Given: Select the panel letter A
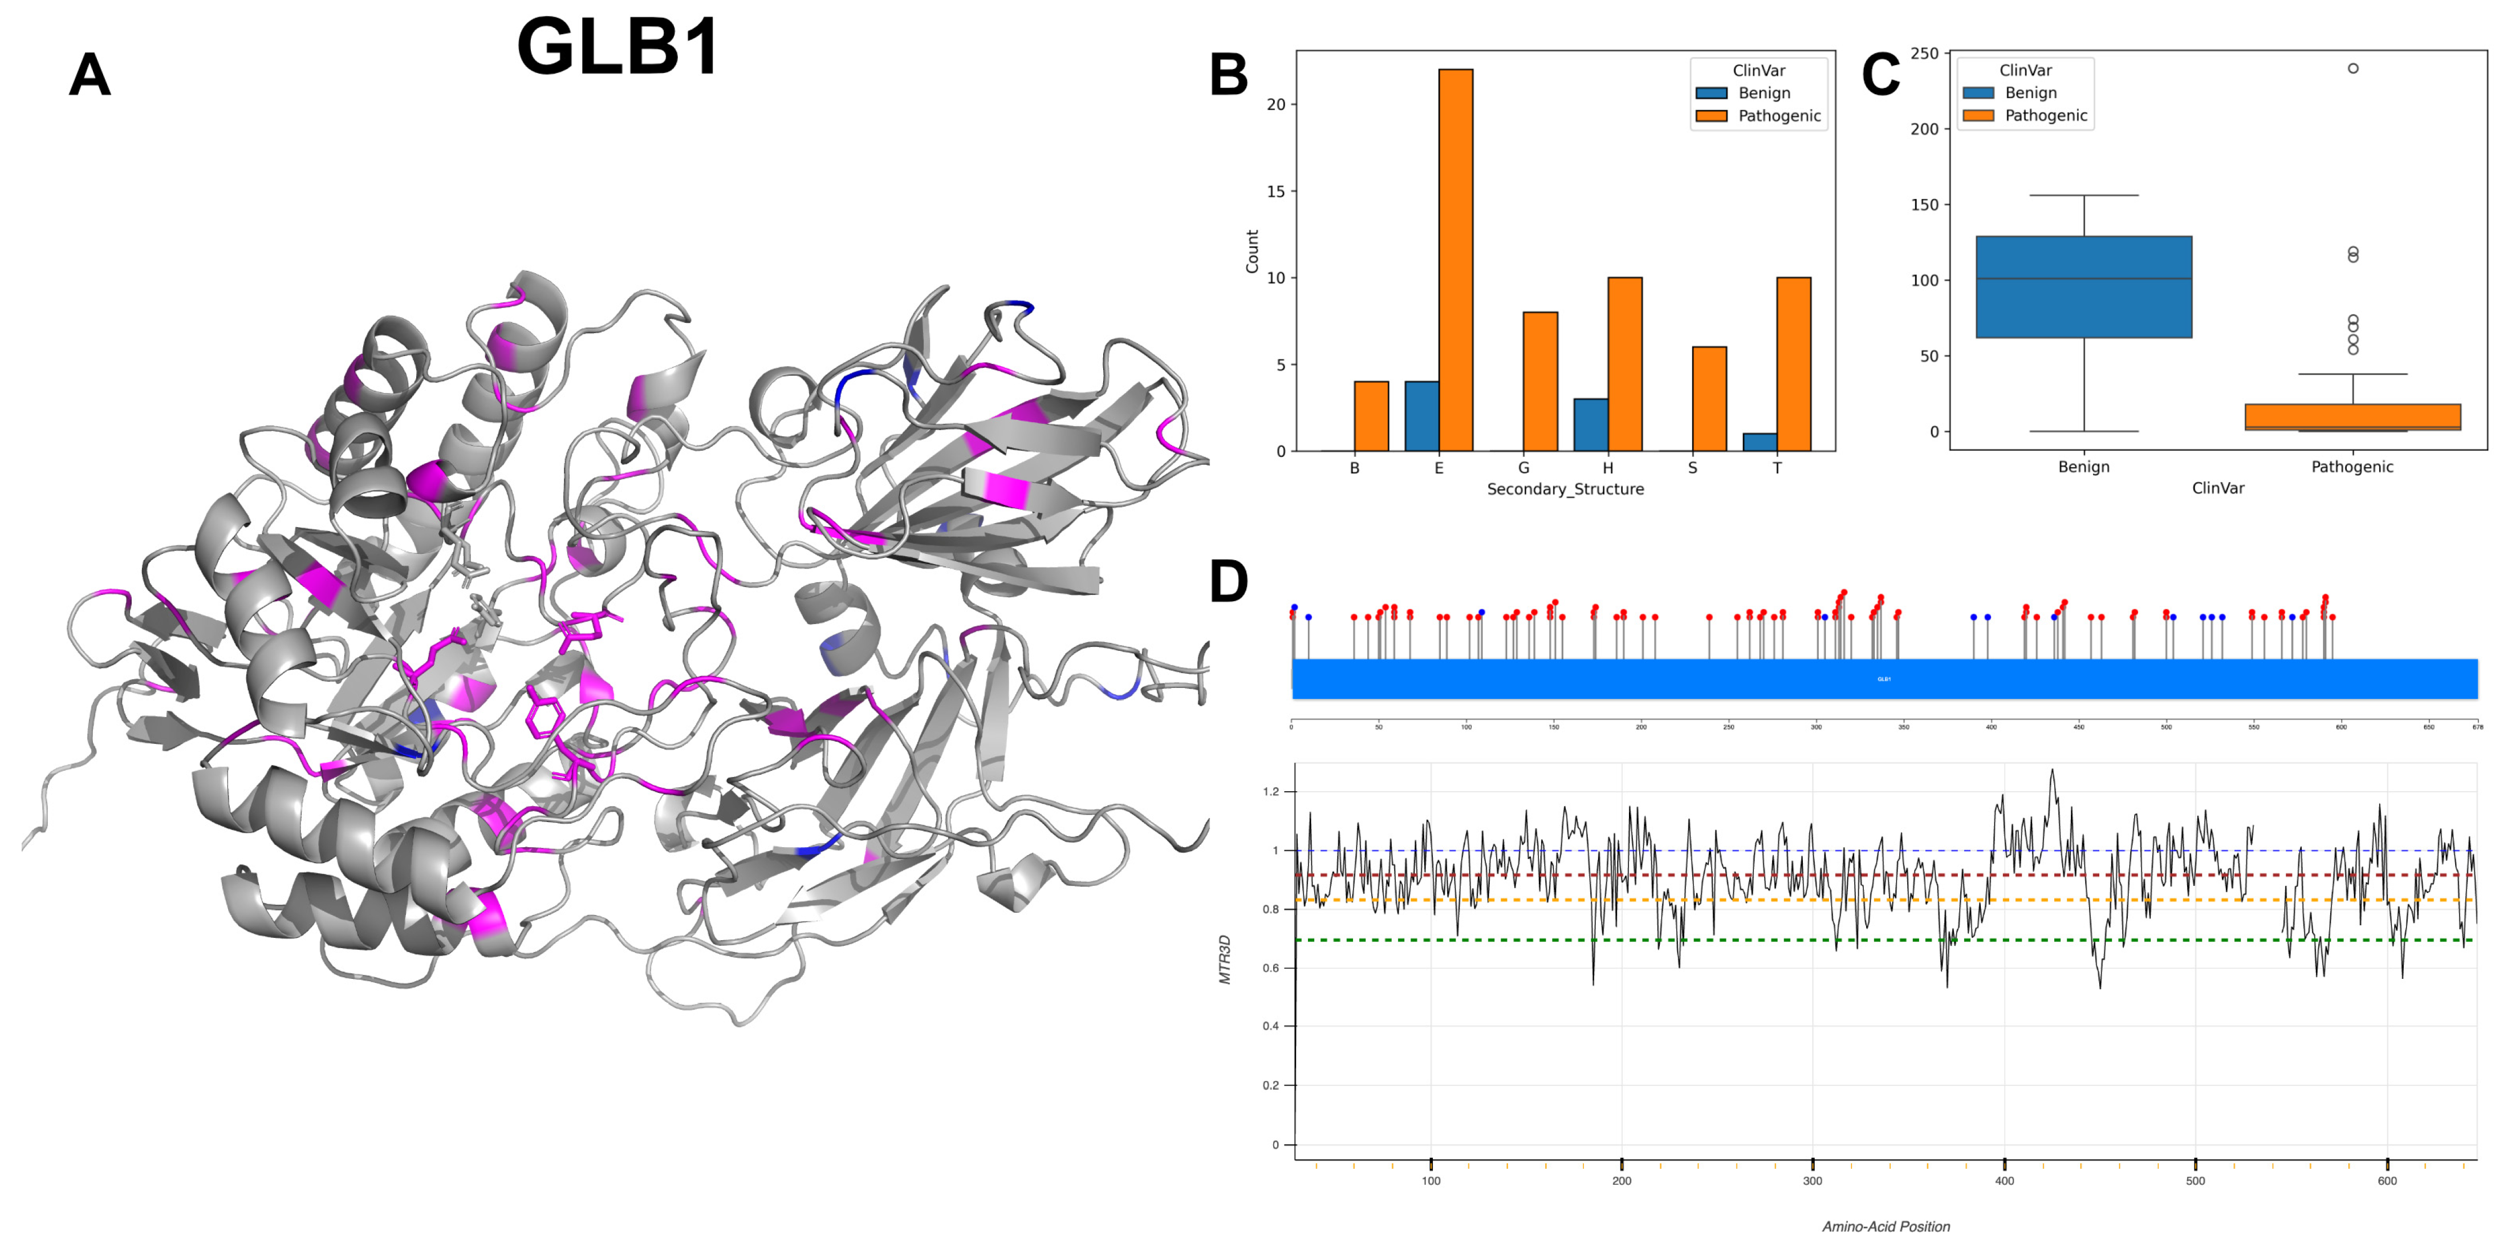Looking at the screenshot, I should coord(90,75).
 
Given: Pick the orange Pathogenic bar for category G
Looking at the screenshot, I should coord(1539,382).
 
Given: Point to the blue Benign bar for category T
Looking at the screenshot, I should coord(1760,442).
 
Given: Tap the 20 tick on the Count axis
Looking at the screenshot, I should coord(1275,104).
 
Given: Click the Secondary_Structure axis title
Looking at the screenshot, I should coord(1565,489).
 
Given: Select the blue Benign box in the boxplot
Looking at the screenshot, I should coord(2083,287).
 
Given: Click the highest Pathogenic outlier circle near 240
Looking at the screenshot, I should coord(2352,68).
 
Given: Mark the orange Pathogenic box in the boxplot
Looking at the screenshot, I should coord(2352,416).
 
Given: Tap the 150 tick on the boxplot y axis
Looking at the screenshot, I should coord(1924,204).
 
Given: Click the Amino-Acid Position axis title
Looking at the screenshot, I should coord(1885,1226).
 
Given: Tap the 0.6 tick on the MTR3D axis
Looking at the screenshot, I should coord(1270,967).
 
